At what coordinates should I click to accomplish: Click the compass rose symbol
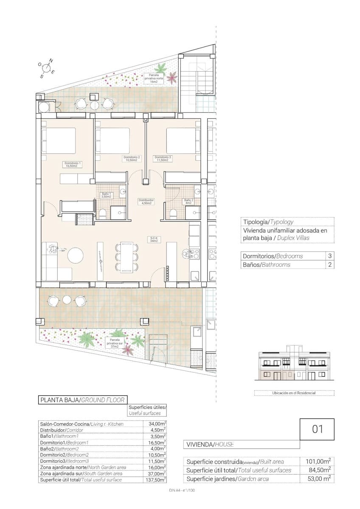pos(47,67)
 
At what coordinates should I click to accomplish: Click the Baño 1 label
pos(106,195)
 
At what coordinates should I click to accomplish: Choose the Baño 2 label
pos(188,201)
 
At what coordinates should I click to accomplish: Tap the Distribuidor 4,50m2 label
pos(146,201)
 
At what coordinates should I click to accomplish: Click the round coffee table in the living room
pos(76,256)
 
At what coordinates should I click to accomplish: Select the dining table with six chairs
pos(127,257)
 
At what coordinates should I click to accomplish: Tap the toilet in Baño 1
pos(103,213)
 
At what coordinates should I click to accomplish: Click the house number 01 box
pos(317,429)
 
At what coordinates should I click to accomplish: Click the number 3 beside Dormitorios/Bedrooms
pos(330,256)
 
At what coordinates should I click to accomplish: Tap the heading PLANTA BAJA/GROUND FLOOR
pos(82,400)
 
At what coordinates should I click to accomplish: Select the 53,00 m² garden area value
pos(318,478)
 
